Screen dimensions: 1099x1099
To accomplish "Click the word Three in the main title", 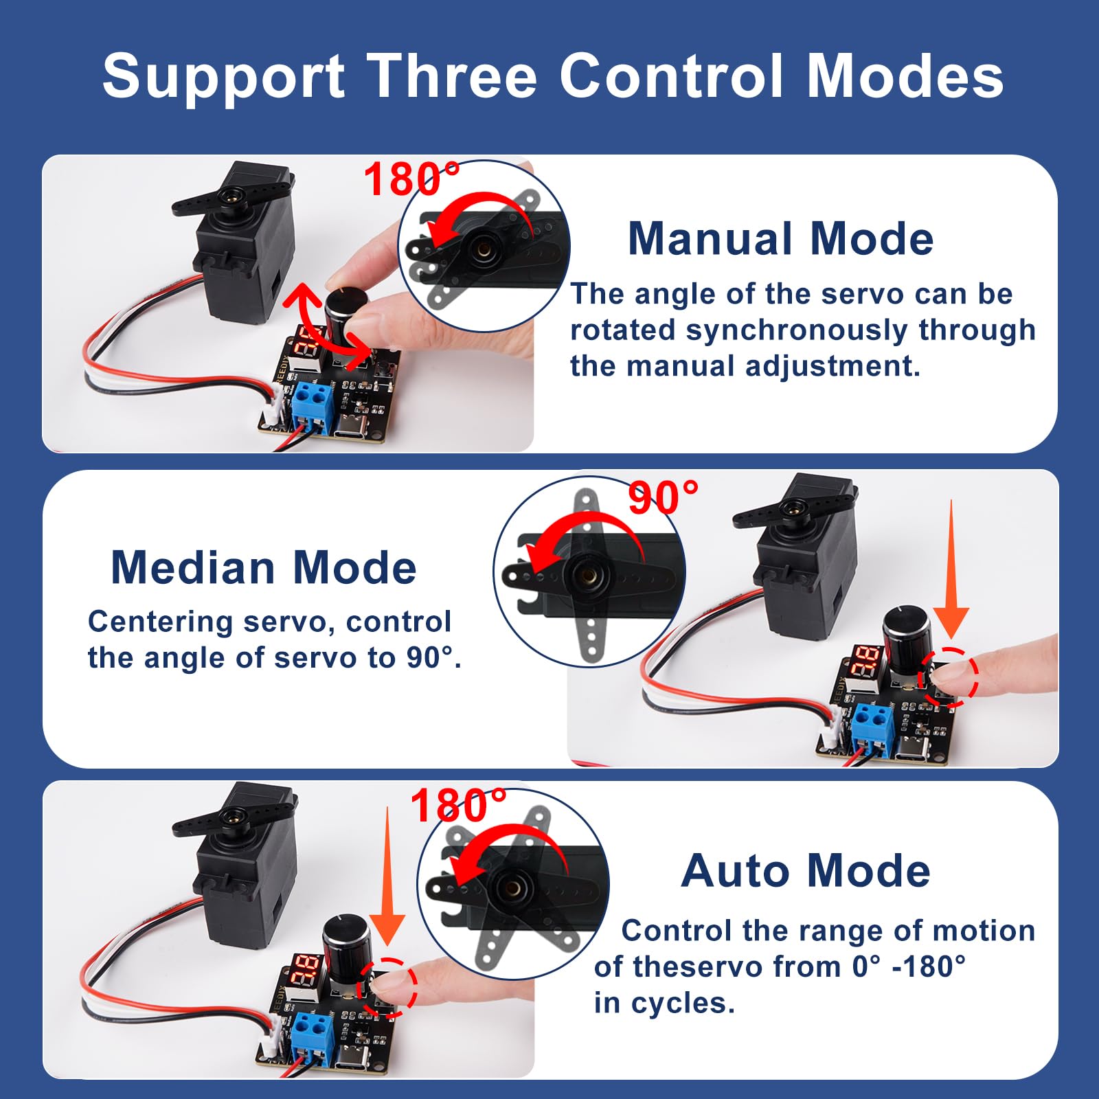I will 451,76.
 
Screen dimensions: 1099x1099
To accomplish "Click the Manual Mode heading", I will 780,239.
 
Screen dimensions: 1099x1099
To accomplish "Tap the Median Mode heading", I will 264,568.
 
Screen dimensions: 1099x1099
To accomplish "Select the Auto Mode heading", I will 806,871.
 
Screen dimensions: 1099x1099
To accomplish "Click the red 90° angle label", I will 663,497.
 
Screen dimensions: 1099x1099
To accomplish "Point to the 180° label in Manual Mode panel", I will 411,179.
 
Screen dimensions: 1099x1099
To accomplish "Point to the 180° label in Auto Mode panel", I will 458,805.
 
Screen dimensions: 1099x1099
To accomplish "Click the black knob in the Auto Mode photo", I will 347,940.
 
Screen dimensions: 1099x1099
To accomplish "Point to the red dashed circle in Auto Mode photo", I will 387,987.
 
